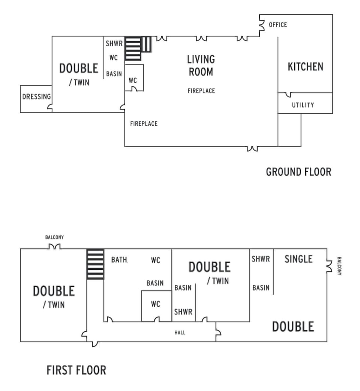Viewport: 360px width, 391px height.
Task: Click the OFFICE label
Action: click(x=278, y=25)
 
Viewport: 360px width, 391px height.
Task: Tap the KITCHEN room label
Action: click(x=305, y=67)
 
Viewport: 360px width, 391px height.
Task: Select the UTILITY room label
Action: click(x=303, y=105)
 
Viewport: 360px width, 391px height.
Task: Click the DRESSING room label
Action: click(x=36, y=97)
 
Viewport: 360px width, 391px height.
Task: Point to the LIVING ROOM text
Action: click(x=201, y=65)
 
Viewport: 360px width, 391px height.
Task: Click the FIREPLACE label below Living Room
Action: click(x=201, y=91)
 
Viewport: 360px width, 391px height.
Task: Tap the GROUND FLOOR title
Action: click(x=298, y=172)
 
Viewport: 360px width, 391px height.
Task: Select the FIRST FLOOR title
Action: click(x=76, y=370)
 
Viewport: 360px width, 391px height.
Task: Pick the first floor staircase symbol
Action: click(x=95, y=264)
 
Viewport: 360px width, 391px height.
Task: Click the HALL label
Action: click(x=180, y=332)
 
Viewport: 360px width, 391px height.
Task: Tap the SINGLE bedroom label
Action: click(x=298, y=259)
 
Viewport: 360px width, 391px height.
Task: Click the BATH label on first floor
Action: click(x=119, y=260)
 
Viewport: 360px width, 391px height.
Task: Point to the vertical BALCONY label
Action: click(x=339, y=266)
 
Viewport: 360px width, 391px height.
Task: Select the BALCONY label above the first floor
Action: click(x=54, y=238)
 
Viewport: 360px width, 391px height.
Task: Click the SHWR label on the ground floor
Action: click(x=114, y=44)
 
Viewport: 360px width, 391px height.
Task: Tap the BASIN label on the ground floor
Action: click(x=114, y=74)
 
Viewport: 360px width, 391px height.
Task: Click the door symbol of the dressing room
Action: click(x=49, y=107)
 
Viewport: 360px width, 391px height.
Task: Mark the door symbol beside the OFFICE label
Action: click(x=262, y=24)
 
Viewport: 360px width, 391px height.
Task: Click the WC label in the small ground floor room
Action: click(x=133, y=80)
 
